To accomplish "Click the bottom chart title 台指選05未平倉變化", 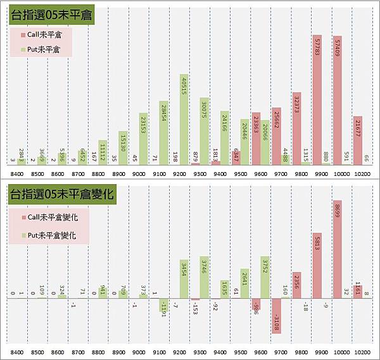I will (61, 196).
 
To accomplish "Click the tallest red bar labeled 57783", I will (317, 101).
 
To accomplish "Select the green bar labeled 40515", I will (183, 120).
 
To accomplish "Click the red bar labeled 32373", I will (296, 130).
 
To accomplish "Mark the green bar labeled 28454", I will (163, 133).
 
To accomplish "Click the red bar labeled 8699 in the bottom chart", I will (337, 250).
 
